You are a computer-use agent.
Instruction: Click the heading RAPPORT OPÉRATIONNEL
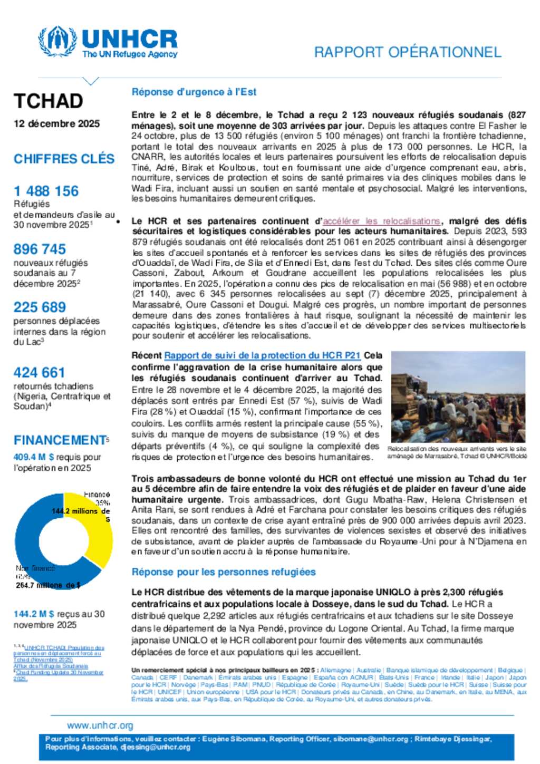[407, 52]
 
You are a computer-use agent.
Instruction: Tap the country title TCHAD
[49, 101]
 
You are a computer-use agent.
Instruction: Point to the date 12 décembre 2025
[57, 123]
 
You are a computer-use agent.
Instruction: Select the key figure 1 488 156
[46, 191]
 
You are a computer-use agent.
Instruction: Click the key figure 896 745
[40, 249]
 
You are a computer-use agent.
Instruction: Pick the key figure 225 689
[40, 307]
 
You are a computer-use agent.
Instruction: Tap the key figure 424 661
[40, 372]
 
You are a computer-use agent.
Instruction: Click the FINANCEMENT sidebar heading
[60, 440]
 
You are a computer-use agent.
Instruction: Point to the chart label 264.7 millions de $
[48, 585]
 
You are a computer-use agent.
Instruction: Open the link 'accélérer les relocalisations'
[381, 221]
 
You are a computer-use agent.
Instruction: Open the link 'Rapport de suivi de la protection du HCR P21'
[262, 355]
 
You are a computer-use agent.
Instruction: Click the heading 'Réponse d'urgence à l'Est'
[194, 92]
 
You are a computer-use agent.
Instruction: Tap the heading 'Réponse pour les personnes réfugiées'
[224, 572]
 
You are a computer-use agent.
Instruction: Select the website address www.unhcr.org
[100, 726]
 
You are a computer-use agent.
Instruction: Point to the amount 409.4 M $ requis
[34, 457]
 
